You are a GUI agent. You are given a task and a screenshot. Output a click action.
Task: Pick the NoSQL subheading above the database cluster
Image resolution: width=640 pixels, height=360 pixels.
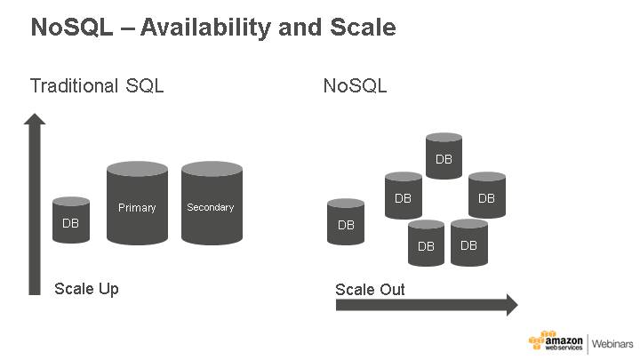tap(355, 86)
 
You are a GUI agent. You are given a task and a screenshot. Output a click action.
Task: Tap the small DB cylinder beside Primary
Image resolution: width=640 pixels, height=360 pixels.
tap(71, 222)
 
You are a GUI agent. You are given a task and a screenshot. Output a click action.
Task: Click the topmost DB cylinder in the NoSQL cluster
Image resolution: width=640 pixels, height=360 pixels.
tap(444, 157)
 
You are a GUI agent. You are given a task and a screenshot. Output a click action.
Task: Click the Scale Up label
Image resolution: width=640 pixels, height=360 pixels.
tap(86, 289)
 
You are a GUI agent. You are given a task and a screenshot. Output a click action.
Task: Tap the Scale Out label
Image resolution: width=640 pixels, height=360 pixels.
tap(370, 290)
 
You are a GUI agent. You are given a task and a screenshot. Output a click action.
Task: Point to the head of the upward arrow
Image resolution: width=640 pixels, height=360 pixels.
tap(35, 121)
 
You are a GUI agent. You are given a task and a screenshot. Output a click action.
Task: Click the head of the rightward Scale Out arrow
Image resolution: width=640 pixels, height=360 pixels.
tap(510, 306)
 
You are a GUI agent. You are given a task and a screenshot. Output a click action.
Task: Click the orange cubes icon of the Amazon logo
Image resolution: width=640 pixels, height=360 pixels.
tap(537, 342)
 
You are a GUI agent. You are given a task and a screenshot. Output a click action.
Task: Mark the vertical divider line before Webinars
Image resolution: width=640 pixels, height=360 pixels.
tap(587, 344)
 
